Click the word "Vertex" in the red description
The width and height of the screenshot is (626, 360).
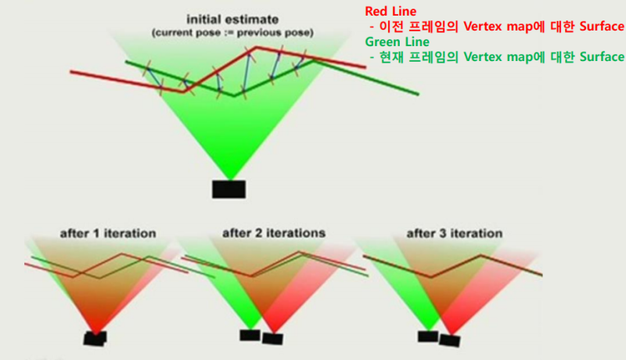pyautogui.click(x=482, y=27)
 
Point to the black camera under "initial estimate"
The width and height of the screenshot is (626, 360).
pyautogui.click(x=229, y=189)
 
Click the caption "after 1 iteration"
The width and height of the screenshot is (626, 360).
pyautogui.click(x=107, y=233)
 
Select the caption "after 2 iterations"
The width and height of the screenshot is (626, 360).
pyautogui.click(x=274, y=233)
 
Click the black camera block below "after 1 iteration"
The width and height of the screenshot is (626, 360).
pyautogui.click(x=95, y=338)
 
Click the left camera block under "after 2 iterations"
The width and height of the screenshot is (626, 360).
pyautogui.click(x=250, y=335)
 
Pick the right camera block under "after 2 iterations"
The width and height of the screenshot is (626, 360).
pyautogui.click(x=272, y=339)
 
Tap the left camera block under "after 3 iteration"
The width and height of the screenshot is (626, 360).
pyautogui.click(x=427, y=336)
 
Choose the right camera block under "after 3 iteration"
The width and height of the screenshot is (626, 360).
pyautogui.click(x=450, y=340)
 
